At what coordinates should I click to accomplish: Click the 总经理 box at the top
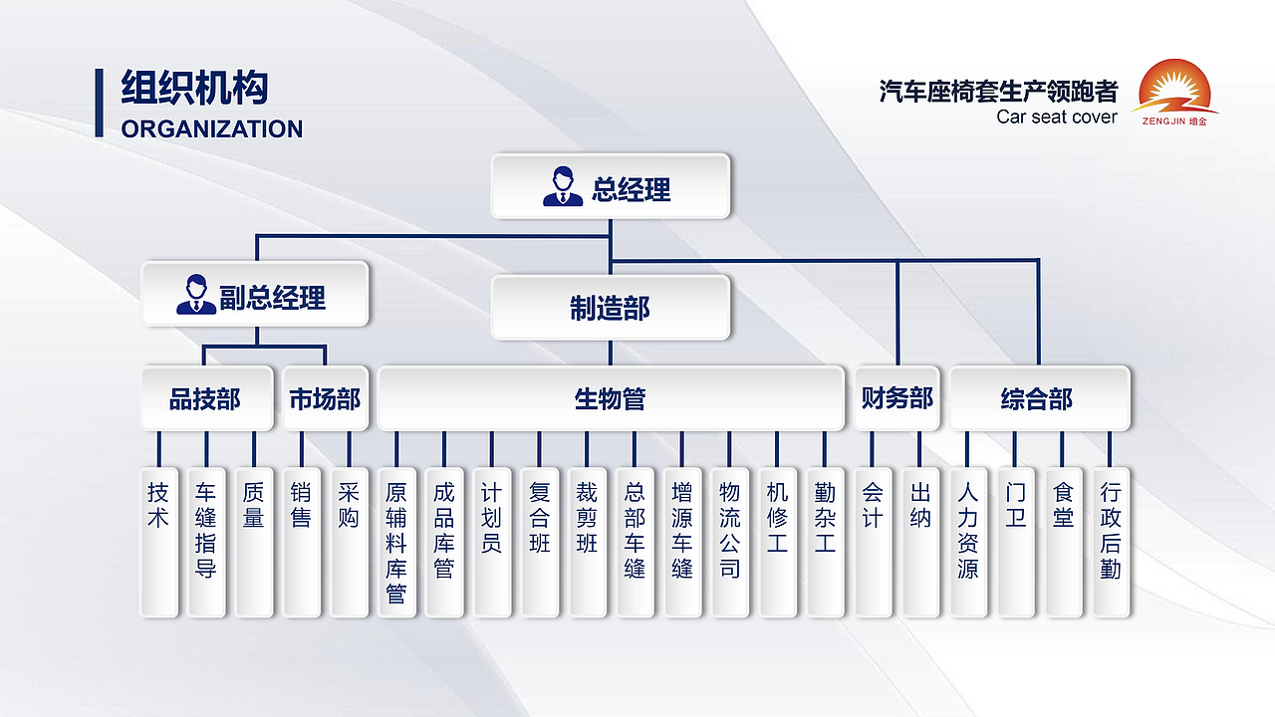tap(611, 186)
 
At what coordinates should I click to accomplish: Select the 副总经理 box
tap(255, 295)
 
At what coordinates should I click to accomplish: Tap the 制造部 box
tap(611, 308)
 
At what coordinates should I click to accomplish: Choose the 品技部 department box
tap(205, 399)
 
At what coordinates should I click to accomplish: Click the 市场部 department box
tap(325, 399)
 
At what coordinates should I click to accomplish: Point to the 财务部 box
tap(896, 399)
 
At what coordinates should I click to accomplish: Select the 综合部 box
tap(1038, 399)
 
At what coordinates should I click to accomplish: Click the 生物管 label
tap(611, 399)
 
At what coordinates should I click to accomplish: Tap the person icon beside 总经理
tap(563, 187)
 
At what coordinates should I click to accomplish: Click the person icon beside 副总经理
tap(195, 295)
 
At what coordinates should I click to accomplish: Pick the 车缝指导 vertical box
tap(206, 541)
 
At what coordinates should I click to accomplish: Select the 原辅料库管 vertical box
tap(396, 541)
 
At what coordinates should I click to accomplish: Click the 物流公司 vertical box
tap(730, 541)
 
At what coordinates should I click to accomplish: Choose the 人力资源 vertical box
tap(967, 541)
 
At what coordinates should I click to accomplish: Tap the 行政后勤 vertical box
tap(1111, 541)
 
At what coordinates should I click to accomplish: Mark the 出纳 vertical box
tap(920, 541)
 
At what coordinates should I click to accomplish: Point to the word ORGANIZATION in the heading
tap(211, 128)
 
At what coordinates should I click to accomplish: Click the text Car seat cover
tap(1057, 118)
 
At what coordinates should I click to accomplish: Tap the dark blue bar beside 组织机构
tap(100, 103)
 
